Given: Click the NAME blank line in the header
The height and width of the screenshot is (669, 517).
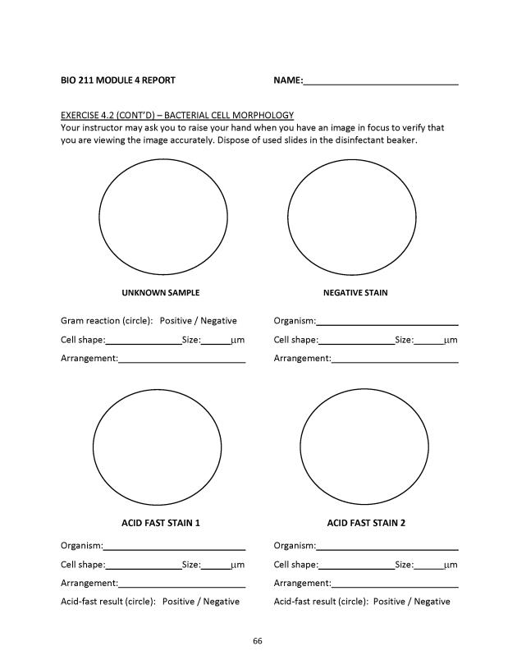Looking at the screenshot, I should (381, 81).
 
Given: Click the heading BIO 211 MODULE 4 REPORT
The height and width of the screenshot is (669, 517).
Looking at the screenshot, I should (117, 80).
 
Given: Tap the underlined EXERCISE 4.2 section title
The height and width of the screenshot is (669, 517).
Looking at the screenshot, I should (177, 115).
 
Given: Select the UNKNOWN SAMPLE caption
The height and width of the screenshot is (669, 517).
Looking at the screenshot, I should (161, 292).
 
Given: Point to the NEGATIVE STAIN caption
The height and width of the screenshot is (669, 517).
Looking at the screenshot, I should (355, 292).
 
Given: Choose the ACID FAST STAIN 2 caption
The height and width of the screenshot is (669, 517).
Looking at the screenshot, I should (366, 523).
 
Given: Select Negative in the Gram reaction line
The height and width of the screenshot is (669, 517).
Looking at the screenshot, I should (219, 321).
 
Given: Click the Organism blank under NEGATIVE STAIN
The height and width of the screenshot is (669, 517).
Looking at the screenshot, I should (387, 322).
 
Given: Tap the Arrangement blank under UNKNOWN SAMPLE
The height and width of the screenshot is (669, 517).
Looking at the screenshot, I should (181, 360).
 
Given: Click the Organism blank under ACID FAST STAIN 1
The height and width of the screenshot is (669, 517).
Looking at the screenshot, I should (174, 547).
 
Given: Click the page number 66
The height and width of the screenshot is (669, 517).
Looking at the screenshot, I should (257, 640).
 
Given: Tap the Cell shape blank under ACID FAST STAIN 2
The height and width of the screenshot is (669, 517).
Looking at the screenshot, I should (356, 566).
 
